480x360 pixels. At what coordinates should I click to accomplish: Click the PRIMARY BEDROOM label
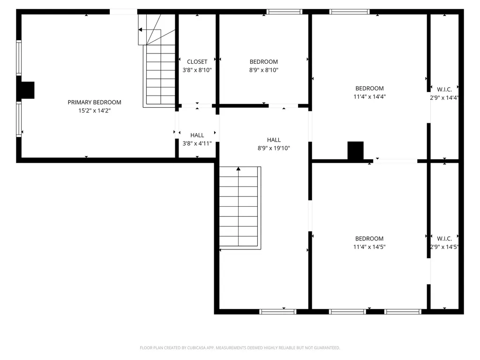(x=94, y=102)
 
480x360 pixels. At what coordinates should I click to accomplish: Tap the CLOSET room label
(x=197, y=61)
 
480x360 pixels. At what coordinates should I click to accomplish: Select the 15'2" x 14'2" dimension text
(x=94, y=111)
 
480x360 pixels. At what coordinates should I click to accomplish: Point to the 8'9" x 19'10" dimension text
(x=274, y=148)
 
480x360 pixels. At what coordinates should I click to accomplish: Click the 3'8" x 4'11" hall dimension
(x=197, y=143)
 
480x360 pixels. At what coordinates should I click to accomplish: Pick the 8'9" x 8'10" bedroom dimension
(x=263, y=70)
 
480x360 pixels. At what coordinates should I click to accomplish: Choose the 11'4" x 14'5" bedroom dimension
(x=369, y=247)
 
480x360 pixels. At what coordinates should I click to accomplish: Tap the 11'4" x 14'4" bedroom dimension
(x=369, y=97)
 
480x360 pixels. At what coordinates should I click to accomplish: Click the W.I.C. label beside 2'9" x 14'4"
(x=444, y=90)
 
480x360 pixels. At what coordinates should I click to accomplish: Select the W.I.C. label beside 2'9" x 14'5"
(x=444, y=239)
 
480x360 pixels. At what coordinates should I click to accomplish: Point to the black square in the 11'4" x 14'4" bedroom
(x=355, y=150)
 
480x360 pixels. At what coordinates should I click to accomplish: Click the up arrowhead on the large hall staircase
(x=239, y=169)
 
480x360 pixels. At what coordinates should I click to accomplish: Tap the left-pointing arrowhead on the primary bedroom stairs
(x=140, y=30)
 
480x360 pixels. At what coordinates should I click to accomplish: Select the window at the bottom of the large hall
(x=277, y=312)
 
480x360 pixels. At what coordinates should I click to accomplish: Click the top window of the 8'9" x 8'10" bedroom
(x=284, y=12)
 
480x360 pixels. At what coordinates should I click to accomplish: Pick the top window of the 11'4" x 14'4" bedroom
(x=349, y=12)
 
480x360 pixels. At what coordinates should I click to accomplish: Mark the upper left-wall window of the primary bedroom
(x=19, y=58)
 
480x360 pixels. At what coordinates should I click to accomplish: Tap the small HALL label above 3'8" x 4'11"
(x=197, y=135)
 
